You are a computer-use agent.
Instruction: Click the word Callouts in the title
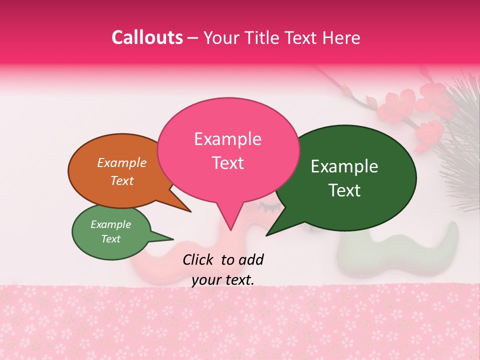(147, 37)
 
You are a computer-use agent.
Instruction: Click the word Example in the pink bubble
(227, 138)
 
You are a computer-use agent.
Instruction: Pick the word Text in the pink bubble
(227, 162)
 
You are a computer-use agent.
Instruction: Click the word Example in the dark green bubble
(344, 166)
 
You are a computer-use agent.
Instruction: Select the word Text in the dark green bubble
(345, 190)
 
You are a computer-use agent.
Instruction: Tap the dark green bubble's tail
(272, 229)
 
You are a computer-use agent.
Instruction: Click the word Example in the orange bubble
(122, 162)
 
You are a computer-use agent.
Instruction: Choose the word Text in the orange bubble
(122, 180)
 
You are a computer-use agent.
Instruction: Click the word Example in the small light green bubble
(110, 224)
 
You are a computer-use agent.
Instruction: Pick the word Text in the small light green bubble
(110, 239)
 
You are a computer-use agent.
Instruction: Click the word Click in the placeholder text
(198, 259)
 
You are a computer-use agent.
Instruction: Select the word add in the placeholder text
(250, 259)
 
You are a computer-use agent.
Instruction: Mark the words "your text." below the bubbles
(223, 280)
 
